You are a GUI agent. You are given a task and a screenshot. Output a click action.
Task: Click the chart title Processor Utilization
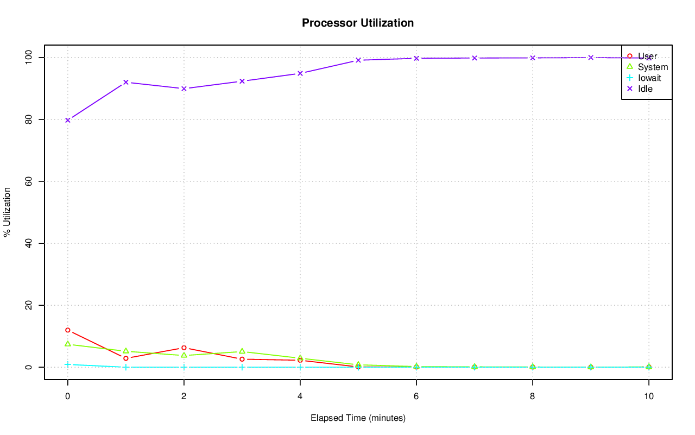coord(358,23)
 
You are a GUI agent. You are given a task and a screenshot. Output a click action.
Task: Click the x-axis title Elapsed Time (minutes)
coord(358,418)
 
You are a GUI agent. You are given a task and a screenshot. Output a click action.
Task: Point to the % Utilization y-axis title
coord(7,212)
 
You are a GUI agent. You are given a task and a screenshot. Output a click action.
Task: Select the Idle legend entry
coord(645,89)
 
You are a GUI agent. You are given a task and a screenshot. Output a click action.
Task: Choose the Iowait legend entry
coord(649,78)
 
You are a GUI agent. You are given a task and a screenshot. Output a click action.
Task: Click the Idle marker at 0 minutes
coord(68,120)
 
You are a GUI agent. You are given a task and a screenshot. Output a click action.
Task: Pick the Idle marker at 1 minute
coord(126,82)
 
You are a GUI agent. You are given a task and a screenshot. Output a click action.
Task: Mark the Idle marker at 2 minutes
coord(184,89)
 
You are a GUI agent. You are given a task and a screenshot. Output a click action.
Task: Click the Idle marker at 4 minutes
coord(300,73)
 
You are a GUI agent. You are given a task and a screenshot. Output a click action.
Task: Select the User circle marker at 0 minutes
coord(68,330)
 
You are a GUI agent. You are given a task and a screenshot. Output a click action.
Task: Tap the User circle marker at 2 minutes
coord(184,348)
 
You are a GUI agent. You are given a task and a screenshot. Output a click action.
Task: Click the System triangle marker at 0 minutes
coord(68,344)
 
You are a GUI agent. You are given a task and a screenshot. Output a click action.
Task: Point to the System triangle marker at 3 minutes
coord(242,351)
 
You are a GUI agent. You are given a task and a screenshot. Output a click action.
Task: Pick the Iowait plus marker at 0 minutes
coord(68,364)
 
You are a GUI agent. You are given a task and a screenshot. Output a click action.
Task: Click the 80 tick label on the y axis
coord(28,119)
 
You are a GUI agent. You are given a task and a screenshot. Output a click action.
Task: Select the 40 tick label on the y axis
coord(28,243)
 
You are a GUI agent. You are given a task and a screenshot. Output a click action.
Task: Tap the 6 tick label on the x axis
coord(416,396)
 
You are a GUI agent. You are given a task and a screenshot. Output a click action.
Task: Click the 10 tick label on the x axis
coord(648,396)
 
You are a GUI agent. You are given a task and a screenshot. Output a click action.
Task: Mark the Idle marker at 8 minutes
coord(533,58)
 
